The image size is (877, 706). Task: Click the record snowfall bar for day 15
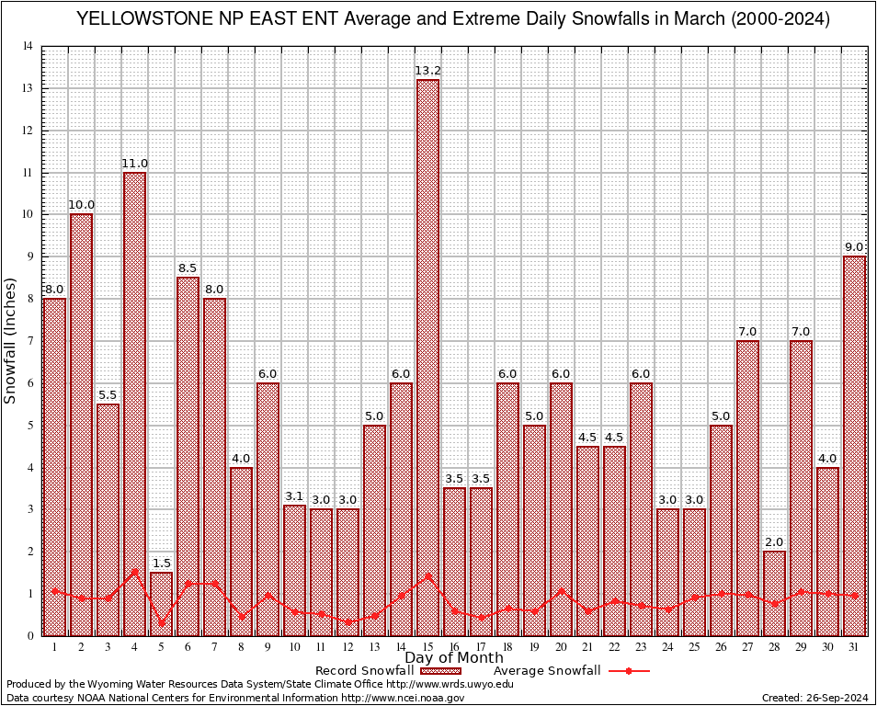click(427, 359)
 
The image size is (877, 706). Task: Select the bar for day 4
click(134, 404)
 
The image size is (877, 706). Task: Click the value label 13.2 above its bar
click(427, 70)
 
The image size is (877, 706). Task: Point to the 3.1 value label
click(294, 496)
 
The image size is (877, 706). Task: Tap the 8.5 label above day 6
click(188, 268)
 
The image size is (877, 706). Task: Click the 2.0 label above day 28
click(774, 541)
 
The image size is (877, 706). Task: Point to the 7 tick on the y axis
click(30, 341)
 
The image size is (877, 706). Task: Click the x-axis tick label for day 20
click(561, 647)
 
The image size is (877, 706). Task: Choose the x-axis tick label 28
click(774, 647)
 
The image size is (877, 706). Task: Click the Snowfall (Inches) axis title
click(11, 341)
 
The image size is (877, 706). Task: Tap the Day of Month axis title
click(453, 658)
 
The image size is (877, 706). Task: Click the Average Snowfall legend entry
click(546, 671)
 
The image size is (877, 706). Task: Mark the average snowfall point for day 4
click(134, 571)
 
